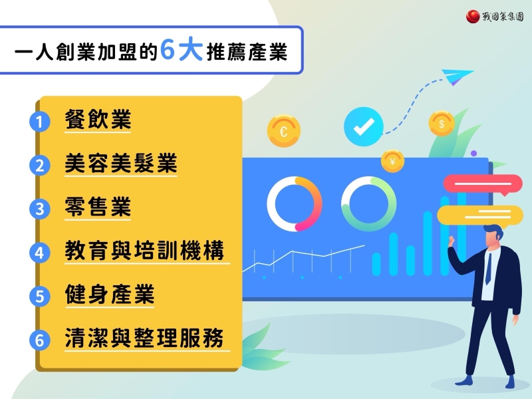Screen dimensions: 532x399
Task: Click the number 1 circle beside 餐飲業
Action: tap(40, 122)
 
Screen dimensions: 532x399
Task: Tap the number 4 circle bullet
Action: tap(40, 253)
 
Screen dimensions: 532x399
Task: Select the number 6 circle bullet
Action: tap(40, 340)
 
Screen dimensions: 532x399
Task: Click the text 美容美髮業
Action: tap(121, 163)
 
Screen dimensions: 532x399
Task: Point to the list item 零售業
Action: tap(98, 207)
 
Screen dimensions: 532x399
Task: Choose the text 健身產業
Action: tap(110, 295)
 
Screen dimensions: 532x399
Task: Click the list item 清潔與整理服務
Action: tap(144, 338)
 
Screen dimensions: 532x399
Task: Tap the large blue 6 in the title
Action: tap(168, 49)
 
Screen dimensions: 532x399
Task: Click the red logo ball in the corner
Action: tap(473, 16)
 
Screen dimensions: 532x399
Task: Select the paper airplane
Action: tap(457, 76)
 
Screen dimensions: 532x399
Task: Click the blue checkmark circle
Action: tap(363, 126)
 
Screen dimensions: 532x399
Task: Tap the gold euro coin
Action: tap(284, 131)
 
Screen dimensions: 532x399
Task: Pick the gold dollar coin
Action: tap(442, 124)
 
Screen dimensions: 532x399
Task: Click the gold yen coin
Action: tap(392, 162)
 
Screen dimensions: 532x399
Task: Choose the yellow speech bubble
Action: tap(479, 215)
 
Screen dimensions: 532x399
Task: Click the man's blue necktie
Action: tap(489, 269)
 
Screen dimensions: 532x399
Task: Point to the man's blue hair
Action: tap(494, 230)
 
